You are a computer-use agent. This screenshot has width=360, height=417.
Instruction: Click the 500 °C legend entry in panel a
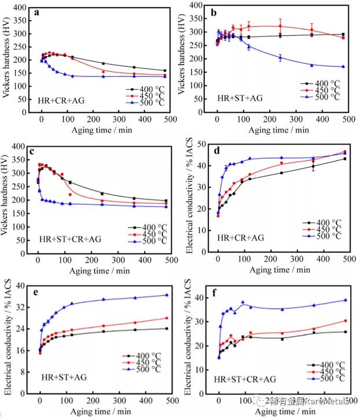click(148, 102)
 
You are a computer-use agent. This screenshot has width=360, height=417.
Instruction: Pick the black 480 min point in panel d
click(344, 158)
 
